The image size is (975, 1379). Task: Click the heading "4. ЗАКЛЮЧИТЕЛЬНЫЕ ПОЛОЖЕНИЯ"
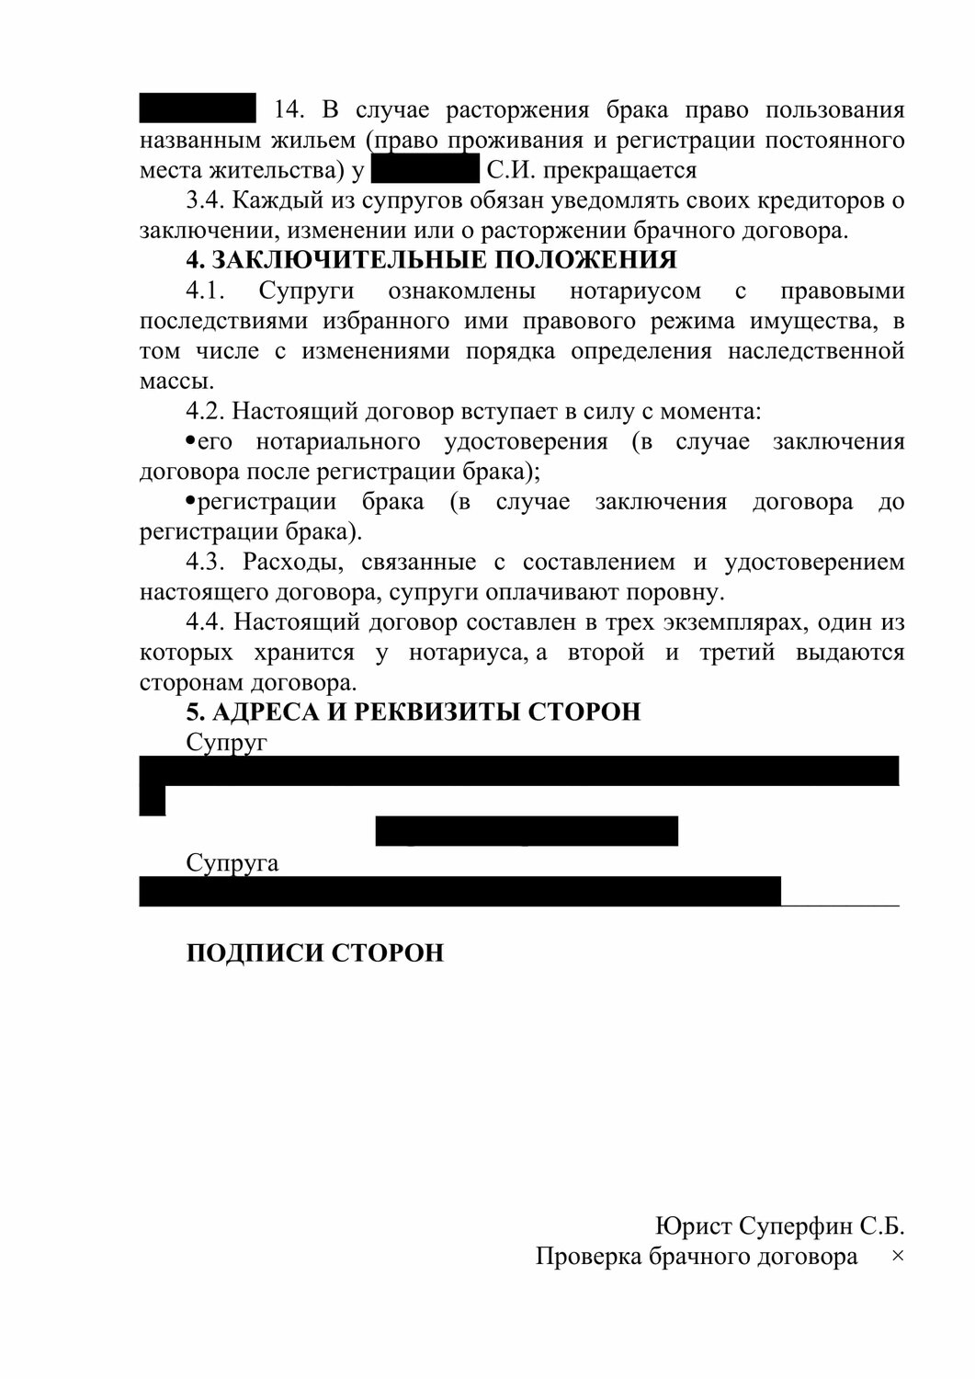pos(431,260)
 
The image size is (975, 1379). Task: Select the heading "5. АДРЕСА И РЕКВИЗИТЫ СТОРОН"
pos(414,712)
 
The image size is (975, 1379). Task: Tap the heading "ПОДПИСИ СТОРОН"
pos(314,952)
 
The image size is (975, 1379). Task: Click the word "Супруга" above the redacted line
pos(232,863)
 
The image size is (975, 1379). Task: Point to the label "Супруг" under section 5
pos(226,742)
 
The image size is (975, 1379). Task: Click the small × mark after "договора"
pos(898,1256)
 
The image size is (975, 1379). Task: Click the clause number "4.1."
pos(206,291)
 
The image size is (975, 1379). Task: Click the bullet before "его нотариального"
pos(190,441)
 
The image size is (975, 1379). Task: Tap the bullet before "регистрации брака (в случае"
pos(190,501)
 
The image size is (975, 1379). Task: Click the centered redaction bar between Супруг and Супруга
pos(527,830)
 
